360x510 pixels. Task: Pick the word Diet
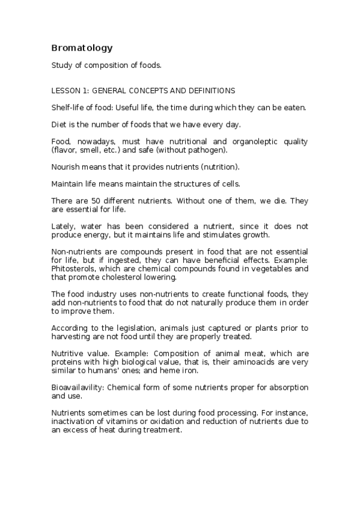pos(59,124)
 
